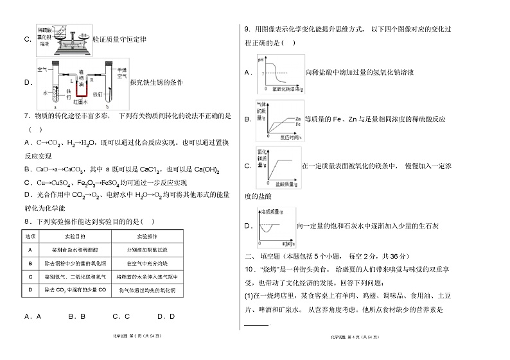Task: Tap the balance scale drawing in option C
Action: pos(64,39)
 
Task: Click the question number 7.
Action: pos(26,116)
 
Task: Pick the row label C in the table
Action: pos(30,277)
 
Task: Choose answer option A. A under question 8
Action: pos(32,316)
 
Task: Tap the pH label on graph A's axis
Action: pos(261,60)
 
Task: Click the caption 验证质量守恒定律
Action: pos(120,40)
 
